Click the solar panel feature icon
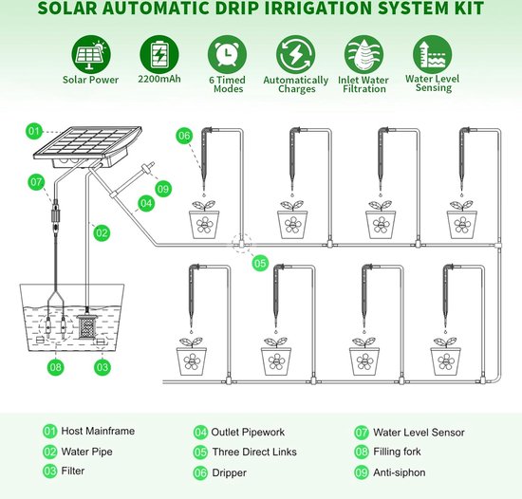pyautogui.click(x=91, y=55)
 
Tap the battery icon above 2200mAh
pyautogui.click(x=159, y=55)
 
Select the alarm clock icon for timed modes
pyautogui.click(x=228, y=55)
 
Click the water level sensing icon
pyautogui.click(x=433, y=55)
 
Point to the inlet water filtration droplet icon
pyautogui.click(x=364, y=55)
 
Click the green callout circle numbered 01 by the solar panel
pyautogui.click(x=34, y=131)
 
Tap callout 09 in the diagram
pyautogui.click(x=163, y=189)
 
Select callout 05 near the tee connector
pyautogui.click(x=260, y=263)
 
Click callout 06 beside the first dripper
pyautogui.click(x=184, y=136)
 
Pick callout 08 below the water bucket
pyautogui.click(x=55, y=367)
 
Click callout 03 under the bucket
pyautogui.click(x=102, y=367)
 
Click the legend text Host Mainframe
pyautogui.click(x=98, y=431)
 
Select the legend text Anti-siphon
pyautogui.click(x=400, y=472)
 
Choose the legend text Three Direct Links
pyautogui.click(x=254, y=452)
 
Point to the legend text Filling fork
pyautogui.click(x=397, y=452)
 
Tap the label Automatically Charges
pyautogui.click(x=295, y=84)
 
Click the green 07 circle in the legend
pyautogui.click(x=362, y=433)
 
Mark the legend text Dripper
pyautogui.click(x=230, y=472)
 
